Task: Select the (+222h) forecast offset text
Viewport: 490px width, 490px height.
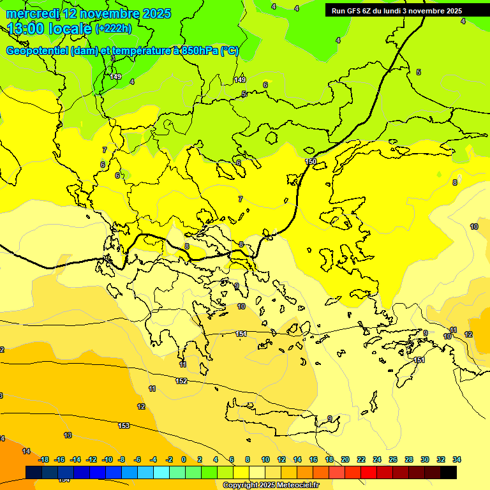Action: click(113, 28)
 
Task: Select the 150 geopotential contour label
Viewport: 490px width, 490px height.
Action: click(311, 161)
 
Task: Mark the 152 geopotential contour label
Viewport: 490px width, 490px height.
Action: click(181, 381)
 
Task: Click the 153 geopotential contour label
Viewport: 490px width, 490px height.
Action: click(124, 426)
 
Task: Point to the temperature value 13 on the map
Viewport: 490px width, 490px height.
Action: click(68, 435)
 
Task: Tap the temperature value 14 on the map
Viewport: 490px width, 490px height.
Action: click(26, 451)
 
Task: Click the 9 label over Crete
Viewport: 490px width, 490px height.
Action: click(330, 419)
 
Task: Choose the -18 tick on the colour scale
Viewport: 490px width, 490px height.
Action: click(43, 459)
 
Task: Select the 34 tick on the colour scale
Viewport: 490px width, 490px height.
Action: click(456, 459)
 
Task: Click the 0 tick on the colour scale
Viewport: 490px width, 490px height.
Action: click(184, 459)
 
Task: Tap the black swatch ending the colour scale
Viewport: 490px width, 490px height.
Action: click(448, 472)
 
